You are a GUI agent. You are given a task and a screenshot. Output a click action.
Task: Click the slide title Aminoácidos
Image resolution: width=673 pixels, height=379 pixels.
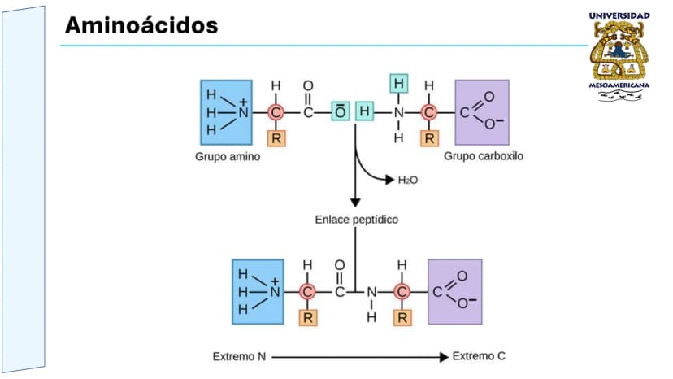[x=141, y=25]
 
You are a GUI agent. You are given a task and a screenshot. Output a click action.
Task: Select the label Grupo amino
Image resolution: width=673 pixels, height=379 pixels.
[x=228, y=157]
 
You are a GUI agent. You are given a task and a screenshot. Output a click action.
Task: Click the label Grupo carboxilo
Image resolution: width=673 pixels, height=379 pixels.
[x=484, y=156]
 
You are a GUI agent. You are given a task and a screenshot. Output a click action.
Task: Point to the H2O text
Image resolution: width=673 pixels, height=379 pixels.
[x=408, y=180]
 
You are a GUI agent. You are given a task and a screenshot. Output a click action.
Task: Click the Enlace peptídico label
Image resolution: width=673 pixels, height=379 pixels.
[x=357, y=220]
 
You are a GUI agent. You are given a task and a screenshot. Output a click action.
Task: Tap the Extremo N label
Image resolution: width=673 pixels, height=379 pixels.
[x=239, y=357]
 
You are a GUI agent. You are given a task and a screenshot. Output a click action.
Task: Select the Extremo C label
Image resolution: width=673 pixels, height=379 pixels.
[x=479, y=356]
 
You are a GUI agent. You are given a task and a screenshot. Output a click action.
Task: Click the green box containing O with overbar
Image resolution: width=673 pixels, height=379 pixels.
[x=341, y=111]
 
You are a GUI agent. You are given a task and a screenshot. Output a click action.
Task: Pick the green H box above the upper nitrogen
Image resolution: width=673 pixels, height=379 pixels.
[x=399, y=83]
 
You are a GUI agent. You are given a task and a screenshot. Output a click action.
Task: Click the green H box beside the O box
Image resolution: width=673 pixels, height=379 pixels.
[x=364, y=111]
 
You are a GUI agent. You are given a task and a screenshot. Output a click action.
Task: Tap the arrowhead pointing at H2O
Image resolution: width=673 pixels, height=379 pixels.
[x=389, y=180]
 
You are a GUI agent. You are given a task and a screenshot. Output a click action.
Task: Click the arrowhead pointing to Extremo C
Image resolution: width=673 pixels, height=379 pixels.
[x=444, y=357]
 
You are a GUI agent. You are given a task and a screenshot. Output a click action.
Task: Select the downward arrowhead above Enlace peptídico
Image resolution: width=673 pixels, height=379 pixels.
[x=355, y=203]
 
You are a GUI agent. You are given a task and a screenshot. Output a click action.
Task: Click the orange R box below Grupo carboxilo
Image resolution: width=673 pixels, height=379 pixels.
[x=402, y=318]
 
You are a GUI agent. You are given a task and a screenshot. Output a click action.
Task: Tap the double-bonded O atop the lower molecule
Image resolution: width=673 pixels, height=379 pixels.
[x=340, y=265]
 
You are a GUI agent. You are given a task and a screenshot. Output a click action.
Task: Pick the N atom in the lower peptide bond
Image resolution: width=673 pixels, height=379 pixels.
[x=371, y=292]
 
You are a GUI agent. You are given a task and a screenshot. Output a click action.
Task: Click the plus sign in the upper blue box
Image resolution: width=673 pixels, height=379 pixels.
[x=243, y=102]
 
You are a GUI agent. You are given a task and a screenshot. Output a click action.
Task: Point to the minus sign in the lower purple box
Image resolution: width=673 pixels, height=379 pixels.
[x=472, y=299]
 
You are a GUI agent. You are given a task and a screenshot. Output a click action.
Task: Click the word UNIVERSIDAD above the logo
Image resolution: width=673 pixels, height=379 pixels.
[x=619, y=16]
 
